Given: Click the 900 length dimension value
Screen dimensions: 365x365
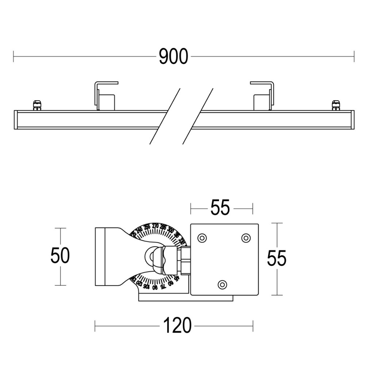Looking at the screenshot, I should (x=173, y=57).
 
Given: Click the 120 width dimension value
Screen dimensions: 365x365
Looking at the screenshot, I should (x=177, y=326).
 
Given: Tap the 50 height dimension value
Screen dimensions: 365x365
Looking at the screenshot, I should (x=60, y=255).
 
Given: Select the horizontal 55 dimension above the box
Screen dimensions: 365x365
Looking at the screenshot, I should (x=220, y=208).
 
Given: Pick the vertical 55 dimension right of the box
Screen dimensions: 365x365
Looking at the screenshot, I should (x=276, y=258).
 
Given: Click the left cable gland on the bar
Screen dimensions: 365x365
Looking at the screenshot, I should (x=37, y=105).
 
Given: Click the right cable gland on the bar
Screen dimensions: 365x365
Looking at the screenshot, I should (x=335, y=105).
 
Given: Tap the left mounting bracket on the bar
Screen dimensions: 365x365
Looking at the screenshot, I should (x=105, y=96).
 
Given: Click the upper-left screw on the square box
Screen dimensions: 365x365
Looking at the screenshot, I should (x=201, y=238).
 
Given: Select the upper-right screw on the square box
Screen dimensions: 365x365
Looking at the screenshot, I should (x=246, y=238).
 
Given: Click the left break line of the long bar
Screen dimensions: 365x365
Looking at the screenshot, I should (x=165, y=116).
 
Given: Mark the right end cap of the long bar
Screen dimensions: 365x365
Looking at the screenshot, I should (x=352, y=119).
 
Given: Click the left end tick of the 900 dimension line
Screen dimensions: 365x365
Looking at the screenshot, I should (x=14, y=57).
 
